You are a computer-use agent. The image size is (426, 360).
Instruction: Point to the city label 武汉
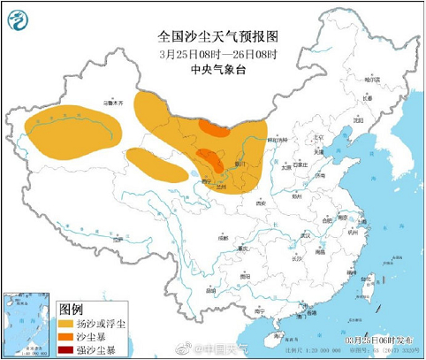point(305,235)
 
